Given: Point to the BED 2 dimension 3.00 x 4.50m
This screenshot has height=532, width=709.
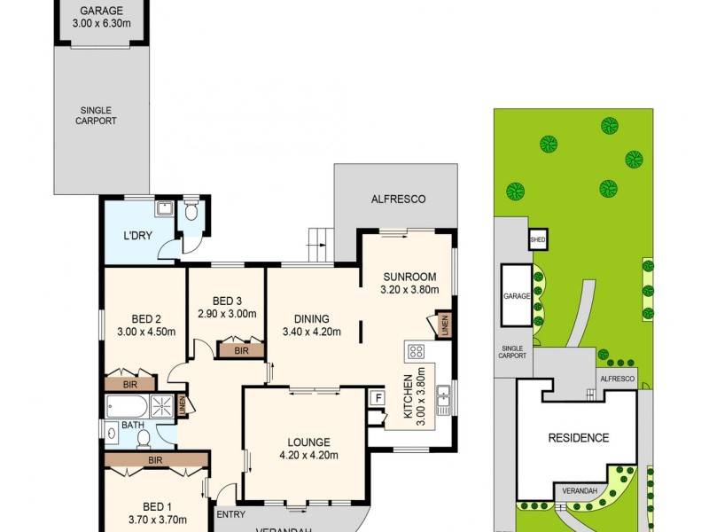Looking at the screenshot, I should point(146,332).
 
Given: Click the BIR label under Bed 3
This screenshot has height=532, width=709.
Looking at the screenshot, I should point(241,351).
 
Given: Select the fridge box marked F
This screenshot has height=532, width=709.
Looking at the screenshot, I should point(377,398).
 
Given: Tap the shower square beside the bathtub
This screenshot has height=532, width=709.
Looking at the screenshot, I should point(162,406).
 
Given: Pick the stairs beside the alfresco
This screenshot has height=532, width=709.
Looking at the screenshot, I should point(319,238).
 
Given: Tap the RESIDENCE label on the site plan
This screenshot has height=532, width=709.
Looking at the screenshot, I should point(578,437).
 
